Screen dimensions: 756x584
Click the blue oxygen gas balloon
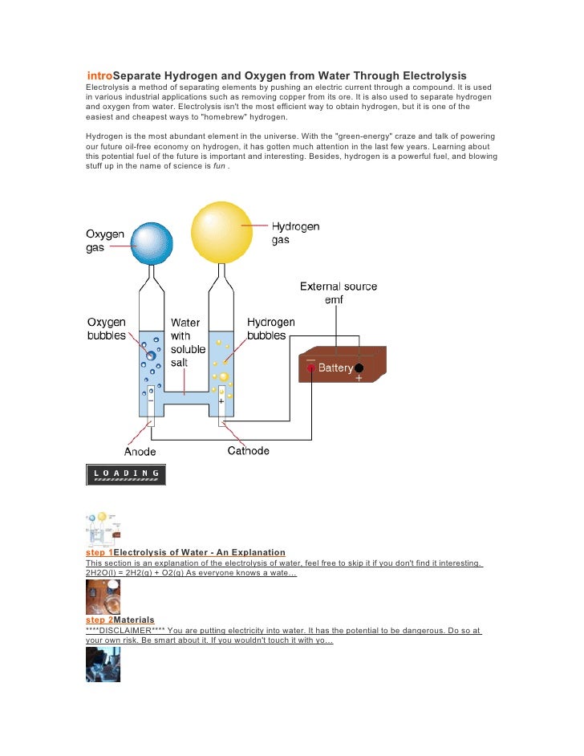(x=152, y=243)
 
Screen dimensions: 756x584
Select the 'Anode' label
(x=140, y=451)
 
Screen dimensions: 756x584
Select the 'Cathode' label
(x=249, y=451)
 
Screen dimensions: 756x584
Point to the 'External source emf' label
(x=339, y=293)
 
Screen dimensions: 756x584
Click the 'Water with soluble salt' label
(x=188, y=343)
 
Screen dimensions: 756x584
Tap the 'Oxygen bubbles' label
(x=107, y=329)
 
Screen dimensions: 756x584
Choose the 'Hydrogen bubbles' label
(x=271, y=329)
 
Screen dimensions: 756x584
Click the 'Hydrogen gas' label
(x=295, y=234)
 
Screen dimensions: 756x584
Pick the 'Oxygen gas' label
(x=105, y=241)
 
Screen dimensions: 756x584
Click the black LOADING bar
(x=126, y=474)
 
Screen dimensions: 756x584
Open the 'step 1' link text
(x=99, y=553)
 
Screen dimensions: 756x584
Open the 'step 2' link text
(x=99, y=620)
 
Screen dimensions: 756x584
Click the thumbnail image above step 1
(x=103, y=529)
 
